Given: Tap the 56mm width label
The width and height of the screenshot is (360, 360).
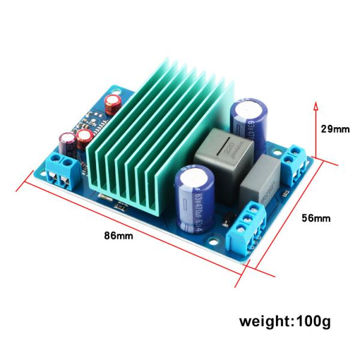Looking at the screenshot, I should click(x=315, y=218).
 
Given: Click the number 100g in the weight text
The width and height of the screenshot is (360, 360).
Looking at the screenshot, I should click(x=311, y=321).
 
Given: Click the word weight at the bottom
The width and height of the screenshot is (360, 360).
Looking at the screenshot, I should click(x=264, y=322).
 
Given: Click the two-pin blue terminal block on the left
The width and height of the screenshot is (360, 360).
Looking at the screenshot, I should click(x=62, y=168).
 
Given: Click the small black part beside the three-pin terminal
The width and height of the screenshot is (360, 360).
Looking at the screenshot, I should click(x=225, y=222).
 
